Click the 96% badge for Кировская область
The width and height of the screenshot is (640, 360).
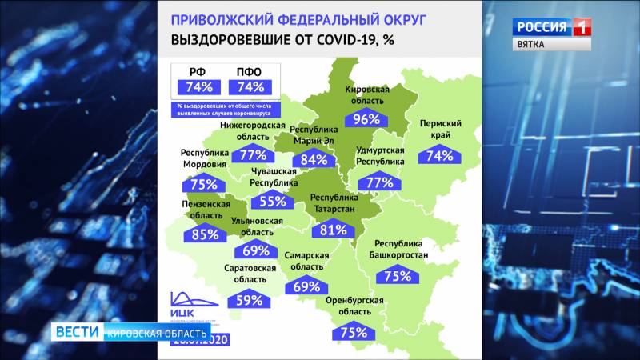click(366, 120)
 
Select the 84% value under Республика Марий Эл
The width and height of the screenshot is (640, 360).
click(314, 159)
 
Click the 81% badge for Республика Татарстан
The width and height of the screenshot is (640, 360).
click(333, 230)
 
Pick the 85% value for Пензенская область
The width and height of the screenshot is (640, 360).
click(205, 234)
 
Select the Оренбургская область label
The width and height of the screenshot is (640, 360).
click(354, 306)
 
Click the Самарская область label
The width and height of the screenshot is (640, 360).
click(307, 261)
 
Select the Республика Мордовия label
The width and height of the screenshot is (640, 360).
click(204, 159)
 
